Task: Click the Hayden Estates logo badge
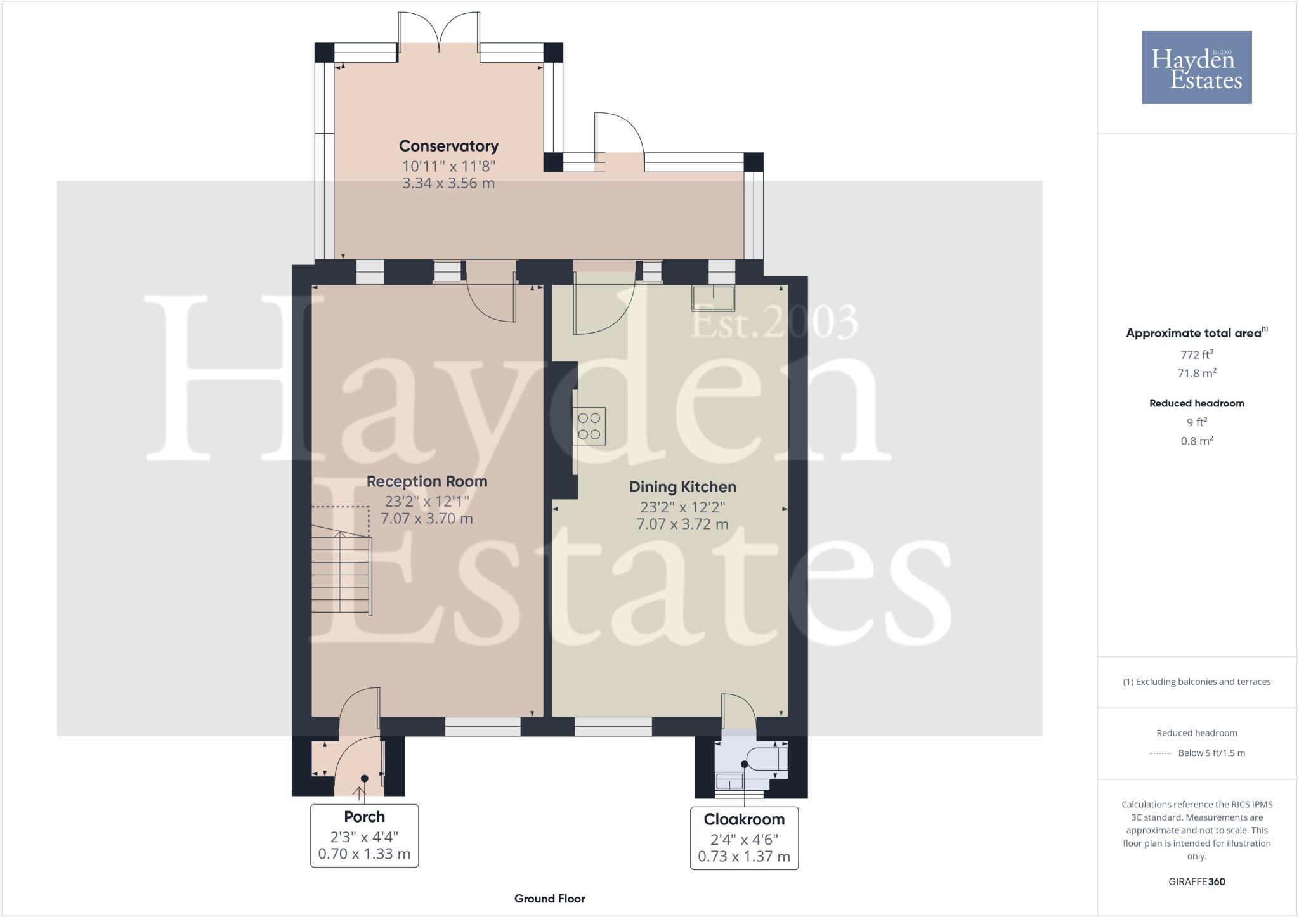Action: tap(1196, 67)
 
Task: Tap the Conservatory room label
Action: tap(448, 146)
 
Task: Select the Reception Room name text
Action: tap(427, 481)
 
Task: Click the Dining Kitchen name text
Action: tap(682, 487)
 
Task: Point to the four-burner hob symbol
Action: tap(589, 426)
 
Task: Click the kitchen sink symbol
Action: tap(714, 299)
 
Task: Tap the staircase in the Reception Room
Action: tap(341, 574)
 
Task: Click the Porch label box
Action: tap(364, 835)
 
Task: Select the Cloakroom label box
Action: tap(744, 838)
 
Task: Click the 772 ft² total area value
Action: tap(1196, 354)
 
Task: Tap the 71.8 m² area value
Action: tap(1196, 373)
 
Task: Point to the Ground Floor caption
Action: tap(549, 898)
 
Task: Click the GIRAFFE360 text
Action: tap(1196, 881)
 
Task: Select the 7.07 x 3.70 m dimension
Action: tap(427, 518)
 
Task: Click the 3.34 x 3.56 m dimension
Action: tap(448, 183)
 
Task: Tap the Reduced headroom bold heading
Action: tap(1196, 403)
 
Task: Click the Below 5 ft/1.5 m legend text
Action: tap(1211, 753)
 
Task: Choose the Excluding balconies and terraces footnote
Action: tap(1196, 682)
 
